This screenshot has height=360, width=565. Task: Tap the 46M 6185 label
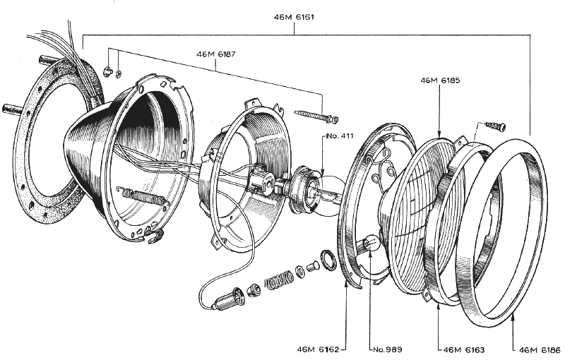tap(440, 81)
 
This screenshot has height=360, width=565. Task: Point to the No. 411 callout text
tap(338, 136)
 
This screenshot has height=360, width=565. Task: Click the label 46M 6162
tap(319, 349)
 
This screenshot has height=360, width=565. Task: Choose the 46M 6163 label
tap(461, 349)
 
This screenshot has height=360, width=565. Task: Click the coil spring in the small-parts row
tap(278, 280)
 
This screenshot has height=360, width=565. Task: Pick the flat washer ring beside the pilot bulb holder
tap(329, 260)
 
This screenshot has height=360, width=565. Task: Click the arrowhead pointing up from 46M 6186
tap(513, 320)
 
